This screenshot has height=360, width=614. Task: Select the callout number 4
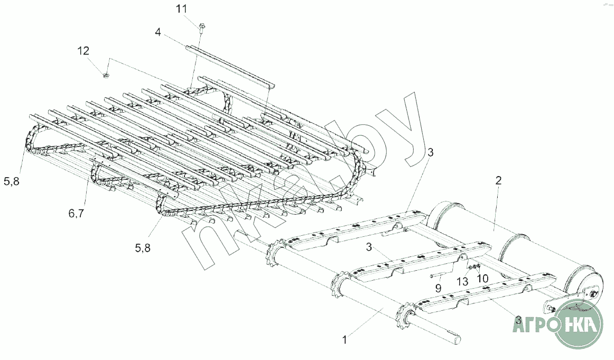[x=157, y=32]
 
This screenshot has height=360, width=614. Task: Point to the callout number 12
[x=83, y=51]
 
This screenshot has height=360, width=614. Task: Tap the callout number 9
[x=438, y=289]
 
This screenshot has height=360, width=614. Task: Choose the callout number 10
[x=482, y=279]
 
